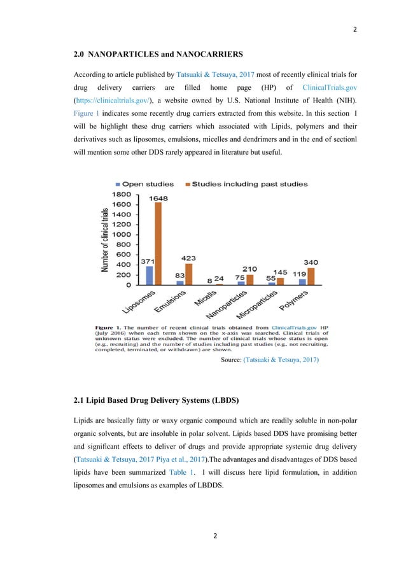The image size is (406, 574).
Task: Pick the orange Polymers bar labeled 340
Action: coord(311,276)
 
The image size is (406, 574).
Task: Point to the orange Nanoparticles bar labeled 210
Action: coord(249,279)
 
